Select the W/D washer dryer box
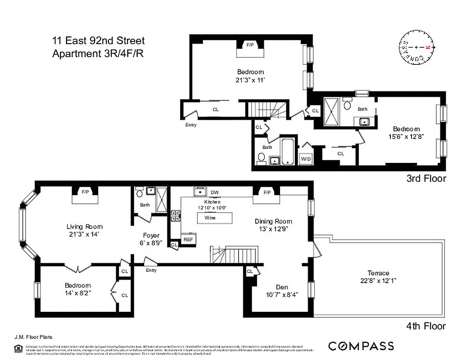click(x=306, y=159)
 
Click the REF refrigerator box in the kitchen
click(x=188, y=239)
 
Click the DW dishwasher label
click(x=215, y=193)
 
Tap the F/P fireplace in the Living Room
click(x=85, y=192)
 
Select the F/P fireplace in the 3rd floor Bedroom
click(x=250, y=45)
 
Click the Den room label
click(x=282, y=287)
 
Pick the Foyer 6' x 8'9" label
click(x=151, y=239)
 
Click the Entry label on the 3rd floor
click(x=191, y=125)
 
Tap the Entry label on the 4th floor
click(x=151, y=270)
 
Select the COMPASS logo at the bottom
click(x=361, y=346)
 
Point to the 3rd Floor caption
click(x=426, y=179)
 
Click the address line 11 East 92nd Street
click(x=99, y=41)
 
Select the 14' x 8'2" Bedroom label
click(x=77, y=289)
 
